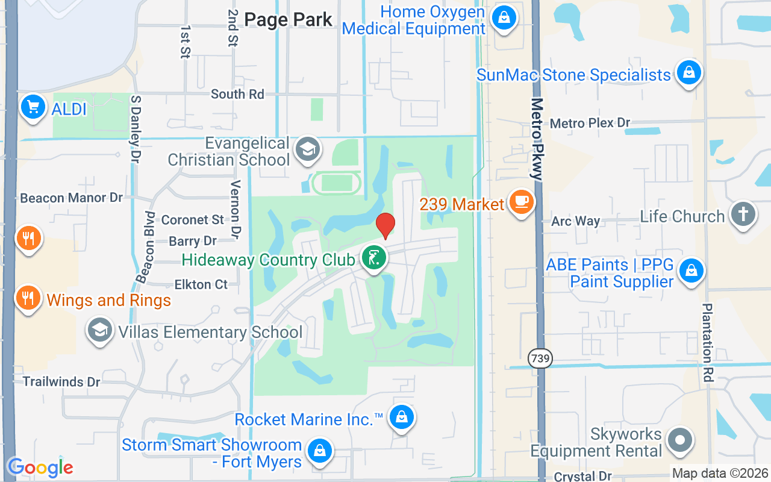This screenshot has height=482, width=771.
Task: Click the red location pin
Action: click(x=385, y=225)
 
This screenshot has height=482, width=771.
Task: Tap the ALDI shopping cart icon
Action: click(x=33, y=108)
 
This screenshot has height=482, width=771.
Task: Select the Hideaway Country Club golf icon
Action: click(x=374, y=258)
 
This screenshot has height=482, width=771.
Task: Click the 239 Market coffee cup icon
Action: click(x=521, y=202)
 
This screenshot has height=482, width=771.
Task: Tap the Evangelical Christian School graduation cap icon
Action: click(x=307, y=151)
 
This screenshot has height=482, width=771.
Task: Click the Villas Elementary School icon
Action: click(x=100, y=331)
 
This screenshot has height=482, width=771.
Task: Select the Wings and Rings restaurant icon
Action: click(x=28, y=298)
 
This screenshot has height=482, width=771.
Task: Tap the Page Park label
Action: click(x=289, y=19)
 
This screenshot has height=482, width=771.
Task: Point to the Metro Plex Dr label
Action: click(x=590, y=123)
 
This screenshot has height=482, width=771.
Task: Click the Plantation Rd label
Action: click(x=708, y=342)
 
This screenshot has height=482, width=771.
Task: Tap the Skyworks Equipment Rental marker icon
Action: click(x=681, y=440)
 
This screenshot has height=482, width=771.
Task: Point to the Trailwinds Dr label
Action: click(x=61, y=381)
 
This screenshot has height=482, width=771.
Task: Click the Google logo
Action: click(x=40, y=468)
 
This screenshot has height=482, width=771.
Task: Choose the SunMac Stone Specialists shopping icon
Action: click(x=688, y=74)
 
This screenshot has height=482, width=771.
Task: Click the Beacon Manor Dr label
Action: click(x=71, y=198)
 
